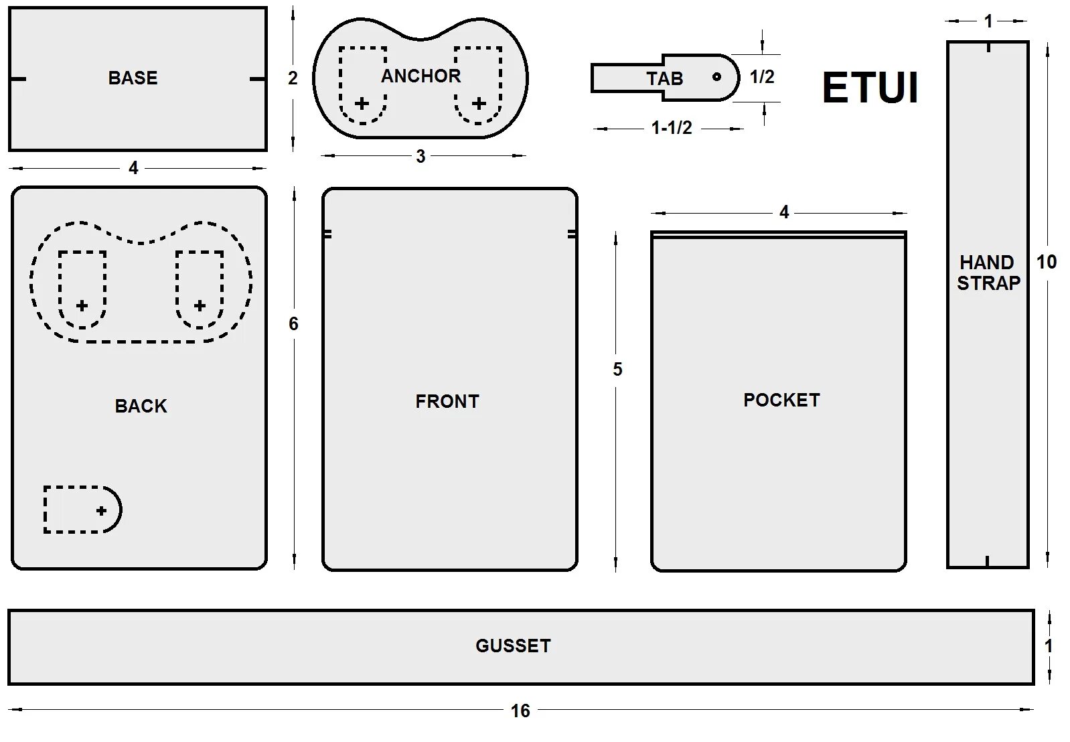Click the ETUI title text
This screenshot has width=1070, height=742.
click(x=870, y=88)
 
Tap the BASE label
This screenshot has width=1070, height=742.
click(x=133, y=78)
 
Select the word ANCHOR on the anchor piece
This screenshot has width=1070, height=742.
click(x=421, y=76)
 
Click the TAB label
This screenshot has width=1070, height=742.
click(x=664, y=78)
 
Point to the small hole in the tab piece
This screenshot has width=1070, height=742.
click(x=716, y=76)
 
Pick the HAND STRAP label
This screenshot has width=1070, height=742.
click(x=988, y=273)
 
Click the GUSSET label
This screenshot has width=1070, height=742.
click(x=513, y=646)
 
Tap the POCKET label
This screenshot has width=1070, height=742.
click(x=781, y=400)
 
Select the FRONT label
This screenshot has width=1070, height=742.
click(x=447, y=401)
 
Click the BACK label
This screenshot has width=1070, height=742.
click(x=141, y=406)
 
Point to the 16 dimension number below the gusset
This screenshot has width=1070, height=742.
click(x=520, y=711)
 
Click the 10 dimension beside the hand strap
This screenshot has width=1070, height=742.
click(x=1047, y=262)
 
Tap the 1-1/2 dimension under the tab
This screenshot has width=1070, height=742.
click(x=672, y=127)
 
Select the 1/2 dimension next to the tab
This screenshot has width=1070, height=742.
click(x=762, y=77)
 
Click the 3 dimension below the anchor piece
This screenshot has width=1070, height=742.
click(x=421, y=157)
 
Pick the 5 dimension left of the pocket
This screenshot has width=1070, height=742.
click(x=617, y=369)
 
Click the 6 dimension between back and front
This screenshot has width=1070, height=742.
click(x=293, y=324)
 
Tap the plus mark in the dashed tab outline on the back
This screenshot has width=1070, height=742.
click(x=101, y=510)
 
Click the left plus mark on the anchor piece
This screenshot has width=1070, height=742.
click(x=362, y=103)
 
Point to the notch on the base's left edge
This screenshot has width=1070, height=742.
click(x=17, y=79)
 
